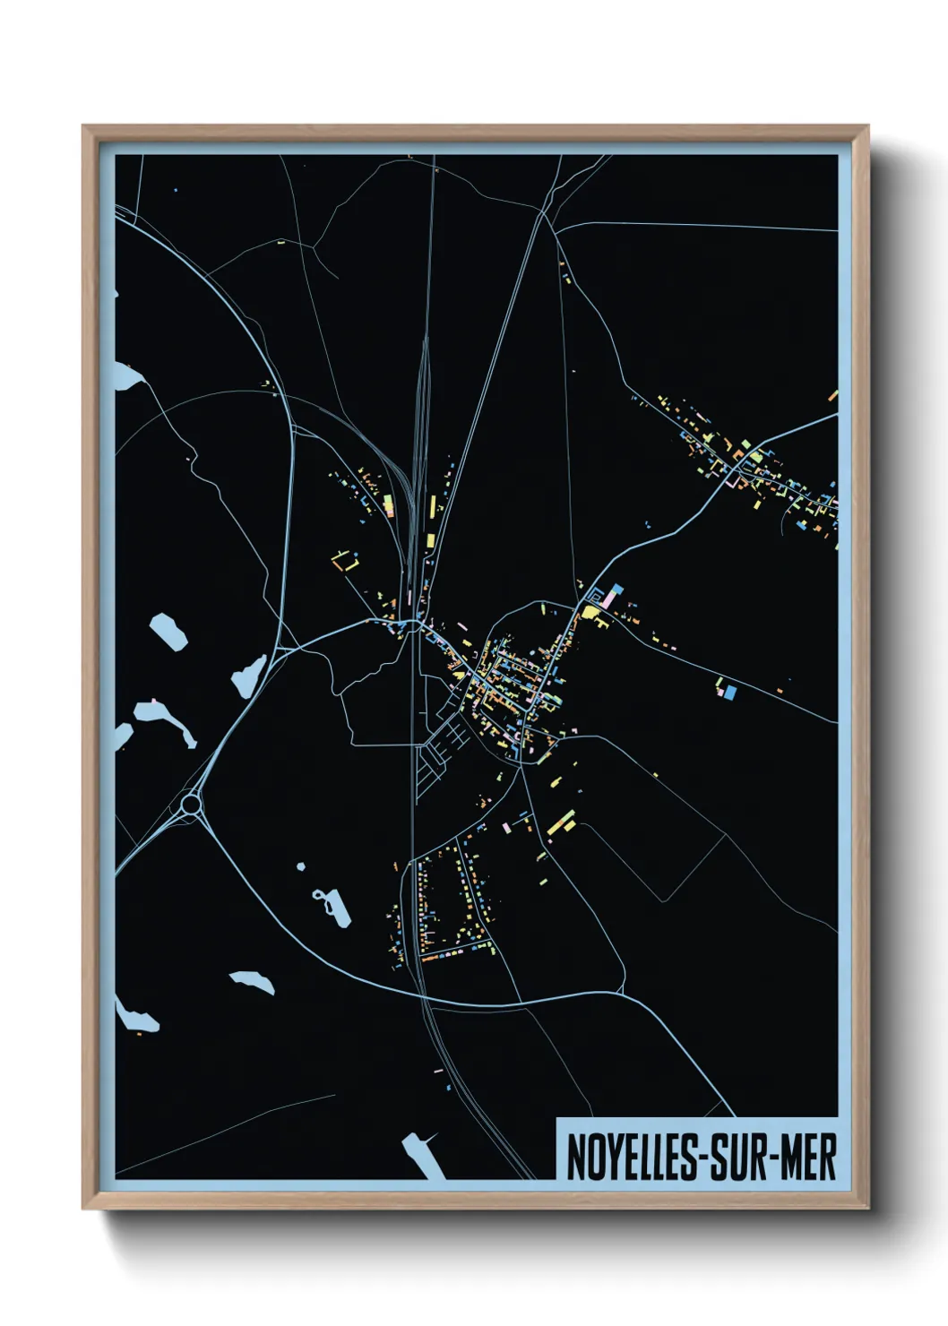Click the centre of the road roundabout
click(190, 804)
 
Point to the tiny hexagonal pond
click(300, 865)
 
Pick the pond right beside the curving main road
click(249, 674)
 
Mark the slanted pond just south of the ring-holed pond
click(253, 981)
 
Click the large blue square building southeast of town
click(729, 692)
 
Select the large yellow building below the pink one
click(592, 612)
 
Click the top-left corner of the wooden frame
click(83, 126)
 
